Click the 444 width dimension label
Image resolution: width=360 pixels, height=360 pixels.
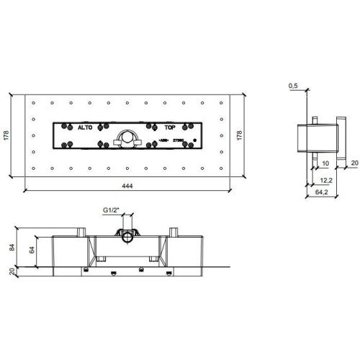click(x=127, y=186)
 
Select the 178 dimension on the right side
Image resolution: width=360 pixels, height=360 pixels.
click(x=240, y=134)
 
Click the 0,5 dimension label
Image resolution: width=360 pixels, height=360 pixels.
click(x=293, y=86)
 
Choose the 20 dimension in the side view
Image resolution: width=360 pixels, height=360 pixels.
click(x=354, y=163)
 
